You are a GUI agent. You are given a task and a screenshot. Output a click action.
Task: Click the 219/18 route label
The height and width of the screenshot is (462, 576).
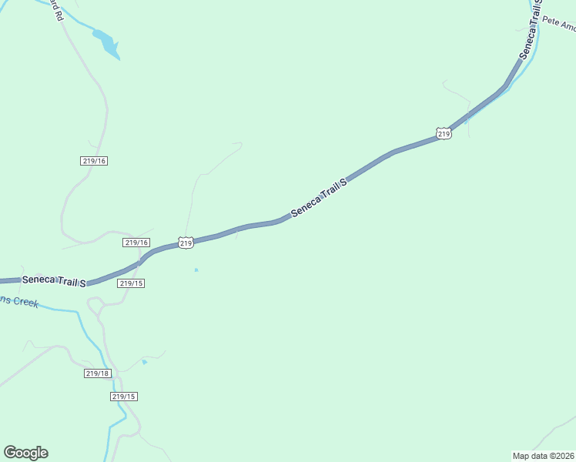coord(98,373)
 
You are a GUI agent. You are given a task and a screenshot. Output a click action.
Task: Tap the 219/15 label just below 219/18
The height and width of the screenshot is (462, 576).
coord(123,397)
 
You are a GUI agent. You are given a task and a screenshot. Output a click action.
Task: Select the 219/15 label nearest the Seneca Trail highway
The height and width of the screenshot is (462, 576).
coord(132,283)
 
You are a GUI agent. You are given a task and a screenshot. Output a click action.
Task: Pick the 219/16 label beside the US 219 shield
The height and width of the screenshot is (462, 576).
coord(136,243)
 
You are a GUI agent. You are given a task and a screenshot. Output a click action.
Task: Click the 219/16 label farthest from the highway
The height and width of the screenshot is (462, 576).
coord(93,161)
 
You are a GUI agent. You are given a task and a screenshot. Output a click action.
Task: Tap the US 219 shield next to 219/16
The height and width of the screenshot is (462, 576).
coord(186,243)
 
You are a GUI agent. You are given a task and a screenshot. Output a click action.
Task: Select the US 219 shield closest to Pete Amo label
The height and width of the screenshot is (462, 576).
coord(444,134)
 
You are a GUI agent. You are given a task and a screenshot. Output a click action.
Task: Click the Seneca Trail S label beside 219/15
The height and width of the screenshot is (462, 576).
coord(53,280)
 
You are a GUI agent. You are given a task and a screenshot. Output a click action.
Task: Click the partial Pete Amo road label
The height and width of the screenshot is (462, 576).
coord(558,24)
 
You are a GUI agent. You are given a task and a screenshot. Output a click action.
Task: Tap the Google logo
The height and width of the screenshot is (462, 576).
coord(25,453)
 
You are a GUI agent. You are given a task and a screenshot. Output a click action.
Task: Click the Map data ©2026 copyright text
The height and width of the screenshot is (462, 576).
coord(544,455)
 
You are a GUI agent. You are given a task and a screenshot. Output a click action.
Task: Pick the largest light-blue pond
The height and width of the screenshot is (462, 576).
coord(107,44)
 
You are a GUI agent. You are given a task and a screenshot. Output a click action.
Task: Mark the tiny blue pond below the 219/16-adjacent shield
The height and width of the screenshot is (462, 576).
coord(196,269)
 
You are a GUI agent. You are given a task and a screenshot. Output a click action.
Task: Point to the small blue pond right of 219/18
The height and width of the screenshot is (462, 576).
coord(144,361)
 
